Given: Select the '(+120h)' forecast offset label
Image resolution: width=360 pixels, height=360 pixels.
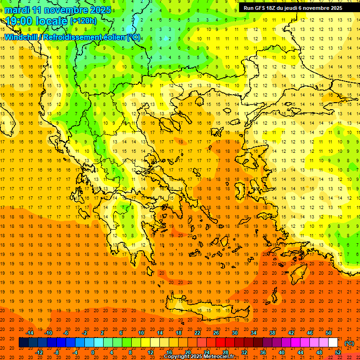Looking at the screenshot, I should coord(83,21).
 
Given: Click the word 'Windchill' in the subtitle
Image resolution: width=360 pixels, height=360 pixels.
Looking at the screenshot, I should coord(22,37).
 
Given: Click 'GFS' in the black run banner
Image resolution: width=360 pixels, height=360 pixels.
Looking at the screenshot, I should coord(262,8).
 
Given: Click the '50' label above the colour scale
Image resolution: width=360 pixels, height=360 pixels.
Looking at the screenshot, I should coord(329,333).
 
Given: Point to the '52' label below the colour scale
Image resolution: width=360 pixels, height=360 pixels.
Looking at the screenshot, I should coord(338,352).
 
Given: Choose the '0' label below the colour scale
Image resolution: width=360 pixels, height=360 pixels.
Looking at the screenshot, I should coord(93,352).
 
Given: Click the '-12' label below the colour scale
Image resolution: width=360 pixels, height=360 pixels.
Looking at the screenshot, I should coord(39,352).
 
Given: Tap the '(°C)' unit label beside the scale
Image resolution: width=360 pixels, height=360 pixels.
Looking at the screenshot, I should coord(349,343).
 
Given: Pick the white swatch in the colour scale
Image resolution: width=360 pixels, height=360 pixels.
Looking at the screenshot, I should coord(333,343).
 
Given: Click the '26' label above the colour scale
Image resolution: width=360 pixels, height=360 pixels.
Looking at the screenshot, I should coord(216,333).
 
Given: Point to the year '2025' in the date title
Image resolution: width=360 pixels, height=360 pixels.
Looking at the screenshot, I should coord(100,10).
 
